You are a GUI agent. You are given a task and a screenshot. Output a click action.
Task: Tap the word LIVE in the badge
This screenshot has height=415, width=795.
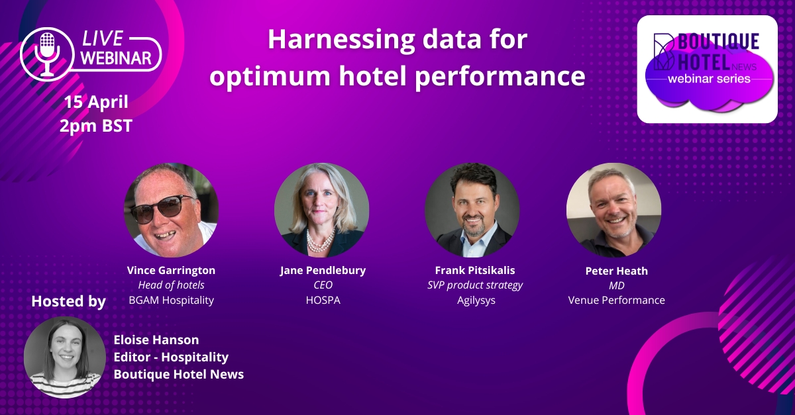[103, 38]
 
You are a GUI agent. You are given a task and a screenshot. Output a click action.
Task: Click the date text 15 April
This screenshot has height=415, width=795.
[96, 102]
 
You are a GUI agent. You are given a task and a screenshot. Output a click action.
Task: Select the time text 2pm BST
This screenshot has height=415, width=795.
[96, 126]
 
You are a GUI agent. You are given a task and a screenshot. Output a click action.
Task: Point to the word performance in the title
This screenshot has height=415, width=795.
[500, 77]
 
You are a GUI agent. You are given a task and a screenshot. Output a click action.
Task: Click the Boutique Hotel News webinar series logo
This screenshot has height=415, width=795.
[708, 69]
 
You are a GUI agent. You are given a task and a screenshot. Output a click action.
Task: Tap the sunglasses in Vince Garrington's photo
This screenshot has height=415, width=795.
[162, 208]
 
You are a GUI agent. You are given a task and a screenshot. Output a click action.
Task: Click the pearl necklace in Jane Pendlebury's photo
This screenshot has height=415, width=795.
[321, 241]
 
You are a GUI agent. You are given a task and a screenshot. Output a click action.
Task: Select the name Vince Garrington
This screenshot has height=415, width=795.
[171, 270]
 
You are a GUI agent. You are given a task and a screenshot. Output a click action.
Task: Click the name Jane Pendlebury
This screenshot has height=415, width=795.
[323, 270]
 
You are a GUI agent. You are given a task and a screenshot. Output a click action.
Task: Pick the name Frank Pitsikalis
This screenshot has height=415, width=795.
[475, 270]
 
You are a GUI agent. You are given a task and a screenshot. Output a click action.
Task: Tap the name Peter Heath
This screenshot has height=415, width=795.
[617, 271]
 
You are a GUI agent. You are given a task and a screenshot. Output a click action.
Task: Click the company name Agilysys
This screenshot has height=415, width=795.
[476, 300]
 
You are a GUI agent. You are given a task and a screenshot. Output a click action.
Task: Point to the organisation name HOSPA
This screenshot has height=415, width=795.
[323, 300]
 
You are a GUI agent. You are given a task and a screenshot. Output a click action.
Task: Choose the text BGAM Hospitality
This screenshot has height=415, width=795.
[171, 300]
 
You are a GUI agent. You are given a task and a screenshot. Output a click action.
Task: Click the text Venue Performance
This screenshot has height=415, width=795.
[617, 300]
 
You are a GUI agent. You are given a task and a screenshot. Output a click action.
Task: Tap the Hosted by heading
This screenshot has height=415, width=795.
[68, 302]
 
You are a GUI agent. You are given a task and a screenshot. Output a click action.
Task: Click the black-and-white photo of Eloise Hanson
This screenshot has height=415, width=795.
[65, 357]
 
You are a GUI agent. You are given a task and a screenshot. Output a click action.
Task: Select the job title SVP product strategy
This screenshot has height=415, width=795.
[475, 285]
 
